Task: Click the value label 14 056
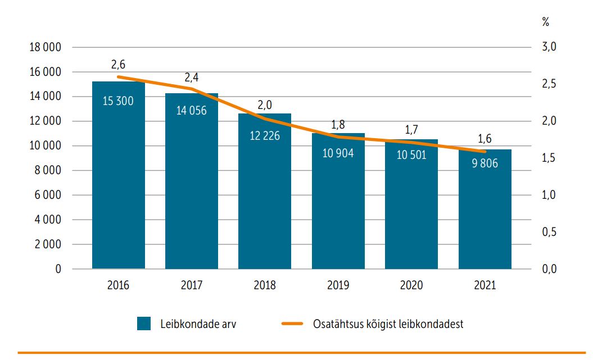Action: [191, 111]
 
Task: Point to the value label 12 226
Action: [265, 135]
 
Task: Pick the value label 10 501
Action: [411, 155]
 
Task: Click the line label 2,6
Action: [119, 65]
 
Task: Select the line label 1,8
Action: [338, 124]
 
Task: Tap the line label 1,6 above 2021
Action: [485, 139]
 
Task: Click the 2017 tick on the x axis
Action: [191, 285]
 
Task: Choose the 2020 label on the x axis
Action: [411, 285]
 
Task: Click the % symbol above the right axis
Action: [545, 22]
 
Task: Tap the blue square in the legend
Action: [144, 324]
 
